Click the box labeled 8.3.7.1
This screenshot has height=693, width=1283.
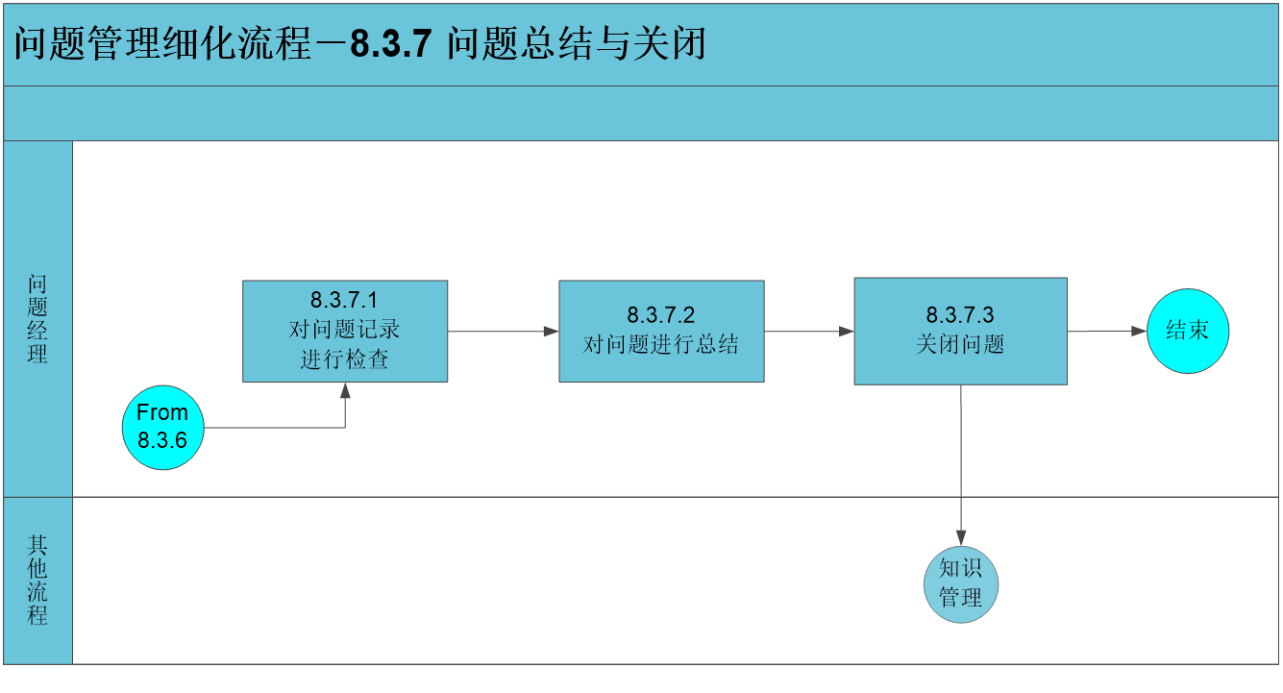(x=345, y=331)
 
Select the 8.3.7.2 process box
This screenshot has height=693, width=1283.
(x=661, y=331)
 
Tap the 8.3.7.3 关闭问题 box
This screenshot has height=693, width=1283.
(x=960, y=331)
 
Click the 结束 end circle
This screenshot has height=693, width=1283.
(x=1188, y=331)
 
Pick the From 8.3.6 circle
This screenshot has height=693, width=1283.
(x=163, y=428)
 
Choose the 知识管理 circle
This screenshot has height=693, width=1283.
(x=961, y=584)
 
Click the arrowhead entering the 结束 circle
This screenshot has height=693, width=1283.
(x=1139, y=331)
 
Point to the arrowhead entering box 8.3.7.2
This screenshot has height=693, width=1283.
(x=551, y=331)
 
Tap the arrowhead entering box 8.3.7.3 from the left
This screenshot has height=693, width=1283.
(x=846, y=331)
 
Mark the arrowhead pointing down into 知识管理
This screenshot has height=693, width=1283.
(x=961, y=538)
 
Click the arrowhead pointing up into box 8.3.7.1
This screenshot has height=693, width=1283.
(x=345, y=390)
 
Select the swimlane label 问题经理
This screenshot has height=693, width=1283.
(x=37, y=318)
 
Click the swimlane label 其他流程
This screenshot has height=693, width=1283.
(x=37, y=580)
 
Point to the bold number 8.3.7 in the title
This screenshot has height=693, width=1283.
(x=390, y=43)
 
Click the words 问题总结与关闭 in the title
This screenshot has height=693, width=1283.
(x=576, y=43)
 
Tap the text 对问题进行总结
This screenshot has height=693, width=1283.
(x=661, y=345)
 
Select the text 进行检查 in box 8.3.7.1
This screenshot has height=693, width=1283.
(x=344, y=359)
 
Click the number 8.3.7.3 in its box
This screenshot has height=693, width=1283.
(x=960, y=314)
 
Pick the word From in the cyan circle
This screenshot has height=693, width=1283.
(x=162, y=412)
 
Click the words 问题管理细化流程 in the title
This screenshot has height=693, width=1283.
(x=162, y=43)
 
